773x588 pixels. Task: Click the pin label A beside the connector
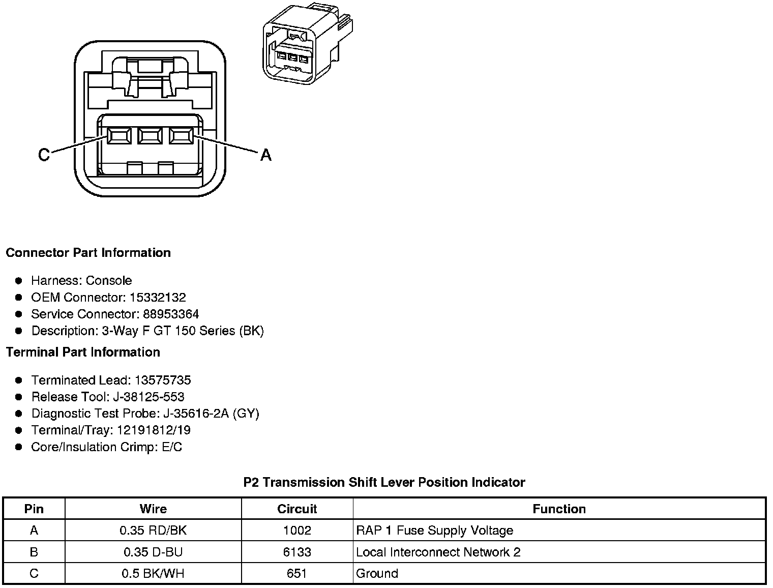pyautogui.click(x=265, y=155)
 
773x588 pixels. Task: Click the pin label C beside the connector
pyautogui.click(x=44, y=155)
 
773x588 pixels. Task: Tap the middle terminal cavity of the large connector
pyautogui.click(x=150, y=136)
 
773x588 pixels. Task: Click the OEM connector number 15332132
pyautogui.click(x=158, y=298)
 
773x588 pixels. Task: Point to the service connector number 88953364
pyautogui.click(x=171, y=314)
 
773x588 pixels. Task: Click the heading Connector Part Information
pyautogui.click(x=88, y=253)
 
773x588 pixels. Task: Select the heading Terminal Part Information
pyautogui.click(x=83, y=352)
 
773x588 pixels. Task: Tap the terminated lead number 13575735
pyautogui.click(x=163, y=380)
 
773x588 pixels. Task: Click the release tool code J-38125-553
pyautogui.click(x=148, y=397)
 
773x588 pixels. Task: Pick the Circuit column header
pyautogui.click(x=297, y=509)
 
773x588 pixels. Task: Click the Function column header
pyautogui.click(x=559, y=509)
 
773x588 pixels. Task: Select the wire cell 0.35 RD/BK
pyautogui.click(x=153, y=531)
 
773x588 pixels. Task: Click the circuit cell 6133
pyautogui.click(x=297, y=552)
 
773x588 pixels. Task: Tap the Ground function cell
pyautogui.click(x=377, y=574)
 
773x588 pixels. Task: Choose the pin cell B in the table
pyautogui.click(x=34, y=552)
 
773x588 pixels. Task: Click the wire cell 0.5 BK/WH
pyautogui.click(x=153, y=574)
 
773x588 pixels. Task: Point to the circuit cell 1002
pyautogui.click(x=297, y=531)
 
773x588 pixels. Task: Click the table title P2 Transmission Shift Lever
pyautogui.click(x=384, y=482)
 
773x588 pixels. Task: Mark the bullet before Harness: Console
pyautogui.click(x=19, y=281)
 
